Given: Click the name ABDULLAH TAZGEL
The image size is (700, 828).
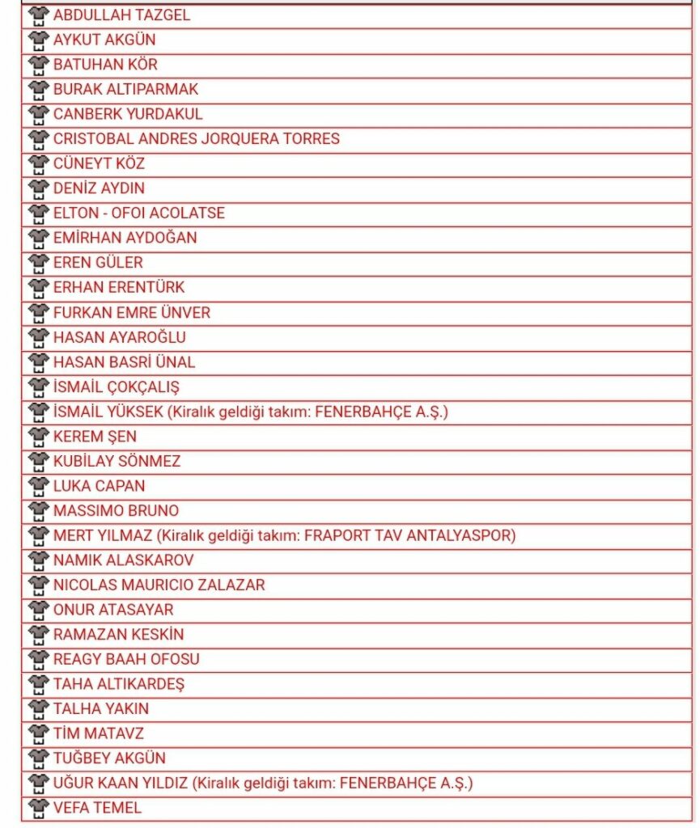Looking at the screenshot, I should click(122, 15).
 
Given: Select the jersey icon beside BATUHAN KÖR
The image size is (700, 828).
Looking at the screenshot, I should click(39, 65).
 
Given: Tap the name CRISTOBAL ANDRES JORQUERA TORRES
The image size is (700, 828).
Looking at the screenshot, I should click(197, 138).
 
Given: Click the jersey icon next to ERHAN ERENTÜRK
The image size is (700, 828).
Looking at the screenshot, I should click(39, 287).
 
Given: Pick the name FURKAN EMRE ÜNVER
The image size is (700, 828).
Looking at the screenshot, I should click(132, 312).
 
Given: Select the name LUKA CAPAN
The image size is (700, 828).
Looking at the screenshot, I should click(100, 486).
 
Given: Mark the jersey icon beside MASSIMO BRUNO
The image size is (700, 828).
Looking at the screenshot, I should click(39, 511).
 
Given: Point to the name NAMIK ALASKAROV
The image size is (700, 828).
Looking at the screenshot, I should click(124, 560).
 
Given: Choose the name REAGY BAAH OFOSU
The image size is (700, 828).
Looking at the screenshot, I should click(126, 659).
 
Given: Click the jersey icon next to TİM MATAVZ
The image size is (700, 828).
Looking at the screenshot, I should click(39, 733).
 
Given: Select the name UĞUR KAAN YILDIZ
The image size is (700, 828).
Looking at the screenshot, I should click(121, 783).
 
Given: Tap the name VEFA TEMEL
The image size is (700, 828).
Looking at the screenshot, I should click(97, 807).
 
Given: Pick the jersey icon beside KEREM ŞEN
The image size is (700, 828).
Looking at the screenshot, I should click(39, 437).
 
